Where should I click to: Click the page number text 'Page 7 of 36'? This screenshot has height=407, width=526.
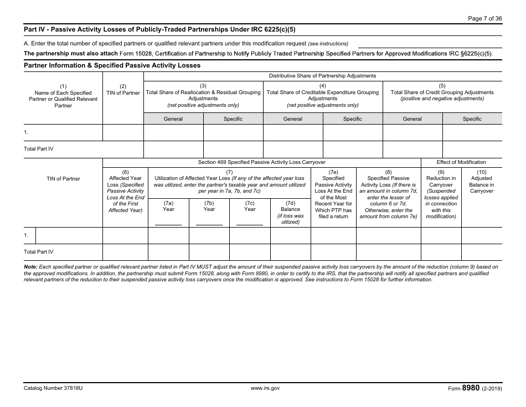tap(485, 18)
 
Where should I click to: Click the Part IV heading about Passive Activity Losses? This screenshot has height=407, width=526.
tap(163, 29)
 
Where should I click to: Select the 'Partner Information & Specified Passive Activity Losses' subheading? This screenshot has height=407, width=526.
tap(112, 65)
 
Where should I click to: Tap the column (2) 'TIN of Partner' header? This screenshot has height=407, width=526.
tap(123, 90)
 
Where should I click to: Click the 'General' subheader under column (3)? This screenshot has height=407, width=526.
tap(173, 119)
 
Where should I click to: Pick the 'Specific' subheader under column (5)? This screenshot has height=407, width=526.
tap(472, 119)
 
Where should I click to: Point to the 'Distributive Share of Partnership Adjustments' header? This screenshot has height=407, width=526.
tap(322, 76)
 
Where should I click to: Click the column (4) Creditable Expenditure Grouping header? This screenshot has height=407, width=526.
tap(323, 95)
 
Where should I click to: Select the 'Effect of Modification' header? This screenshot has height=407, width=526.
tap(461, 162)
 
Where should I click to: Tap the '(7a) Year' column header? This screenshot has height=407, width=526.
tap(168, 206)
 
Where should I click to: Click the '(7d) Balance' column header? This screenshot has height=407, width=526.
tap(290, 213)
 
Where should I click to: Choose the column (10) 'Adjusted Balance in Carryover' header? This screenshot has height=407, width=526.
tap(481, 182)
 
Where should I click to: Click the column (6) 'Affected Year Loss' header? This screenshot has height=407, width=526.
tap(125, 191)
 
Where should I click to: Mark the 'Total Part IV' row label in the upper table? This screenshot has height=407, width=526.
tap(39, 149)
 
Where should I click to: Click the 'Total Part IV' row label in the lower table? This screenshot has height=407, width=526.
tap(39, 252)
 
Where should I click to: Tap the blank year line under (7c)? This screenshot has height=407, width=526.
tap(250, 224)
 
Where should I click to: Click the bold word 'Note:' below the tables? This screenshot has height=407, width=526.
tap(30, 267)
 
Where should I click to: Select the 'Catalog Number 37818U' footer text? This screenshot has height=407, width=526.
tap(53, 389)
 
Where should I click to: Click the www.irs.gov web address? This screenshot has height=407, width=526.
tap(265, 389)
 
